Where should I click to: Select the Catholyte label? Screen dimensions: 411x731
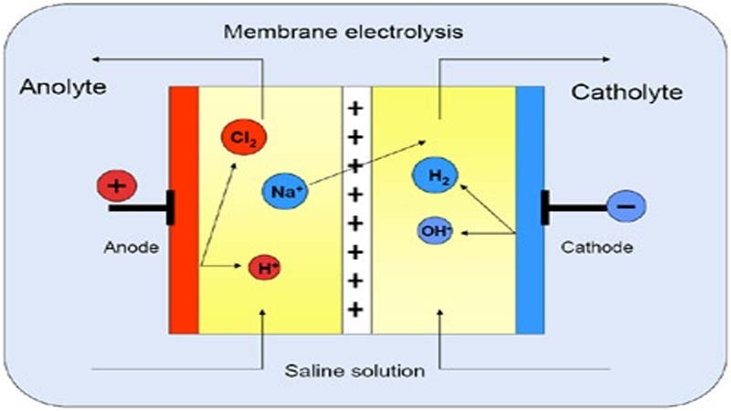(626, 91)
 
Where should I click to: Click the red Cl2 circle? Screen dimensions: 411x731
(239, 137)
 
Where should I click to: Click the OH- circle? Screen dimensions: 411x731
(436, 232)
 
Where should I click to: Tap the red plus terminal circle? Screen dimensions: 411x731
(116, 187)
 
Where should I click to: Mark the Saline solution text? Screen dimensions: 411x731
(353, 371)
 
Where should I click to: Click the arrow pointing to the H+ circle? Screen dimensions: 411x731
(224, 267)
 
